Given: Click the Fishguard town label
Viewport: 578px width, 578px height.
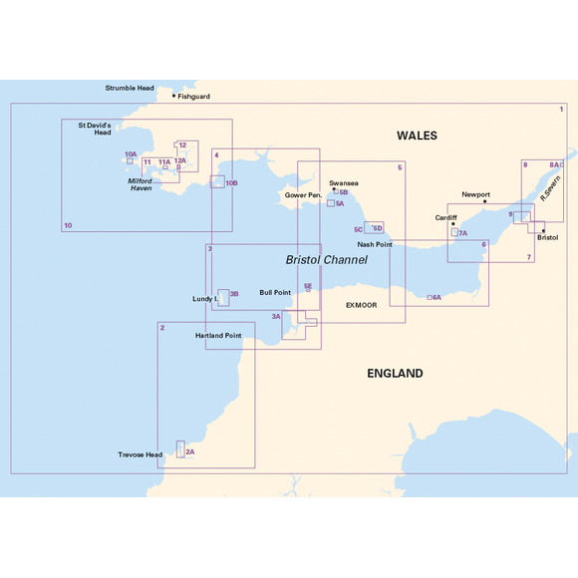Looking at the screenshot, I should [x=194, y=97].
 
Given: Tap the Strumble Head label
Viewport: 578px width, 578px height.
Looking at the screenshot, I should [x=130, y=88].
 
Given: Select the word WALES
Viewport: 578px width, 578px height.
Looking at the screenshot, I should [x=417, y=136].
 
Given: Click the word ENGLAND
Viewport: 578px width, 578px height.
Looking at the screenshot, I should [x=395, y=374].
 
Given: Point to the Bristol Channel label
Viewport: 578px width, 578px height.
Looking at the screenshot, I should [x=326, y=259].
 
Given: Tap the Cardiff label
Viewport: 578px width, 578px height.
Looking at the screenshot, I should [x=445, y=217].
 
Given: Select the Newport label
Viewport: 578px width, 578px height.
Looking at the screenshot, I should [x=476, y=194].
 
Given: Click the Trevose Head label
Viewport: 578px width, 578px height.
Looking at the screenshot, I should [x=140, y=454].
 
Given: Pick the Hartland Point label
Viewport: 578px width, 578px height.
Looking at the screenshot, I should [x=218, y=336].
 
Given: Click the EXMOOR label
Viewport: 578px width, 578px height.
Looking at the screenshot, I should [x=361, y=305].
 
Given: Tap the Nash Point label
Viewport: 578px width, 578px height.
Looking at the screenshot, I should [x=374, y=244].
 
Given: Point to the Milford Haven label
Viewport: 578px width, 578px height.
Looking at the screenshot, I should [x=140, y=184].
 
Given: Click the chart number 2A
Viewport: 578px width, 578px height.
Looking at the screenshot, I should [x=189, y=452].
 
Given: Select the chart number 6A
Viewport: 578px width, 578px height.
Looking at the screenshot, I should [x=436, y=298].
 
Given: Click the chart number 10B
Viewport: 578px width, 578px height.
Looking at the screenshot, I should [x=231, y=183].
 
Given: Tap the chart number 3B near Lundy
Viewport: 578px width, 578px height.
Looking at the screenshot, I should [x=234, y=294].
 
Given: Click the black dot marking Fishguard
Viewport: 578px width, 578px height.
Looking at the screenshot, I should [x=173, y=97].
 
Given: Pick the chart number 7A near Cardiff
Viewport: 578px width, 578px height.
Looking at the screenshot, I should [x=462, y=233].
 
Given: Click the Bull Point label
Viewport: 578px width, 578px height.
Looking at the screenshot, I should [x=275, y=293].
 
